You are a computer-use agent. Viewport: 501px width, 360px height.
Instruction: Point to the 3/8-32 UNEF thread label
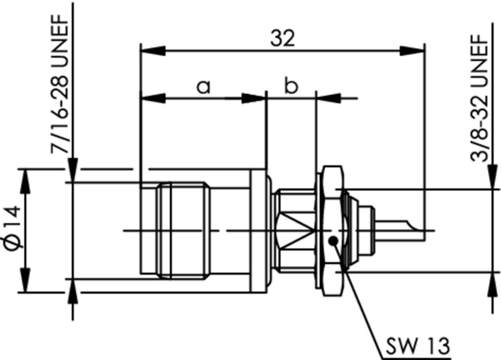[479, 98]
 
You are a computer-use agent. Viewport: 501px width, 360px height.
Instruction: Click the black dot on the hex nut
[333, 241]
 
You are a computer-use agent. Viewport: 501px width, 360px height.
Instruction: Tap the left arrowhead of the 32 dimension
[153, 51]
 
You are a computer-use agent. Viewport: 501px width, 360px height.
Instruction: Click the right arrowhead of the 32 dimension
[412, 51]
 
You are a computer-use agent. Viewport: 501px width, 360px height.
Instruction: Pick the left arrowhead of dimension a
[153, 98]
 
